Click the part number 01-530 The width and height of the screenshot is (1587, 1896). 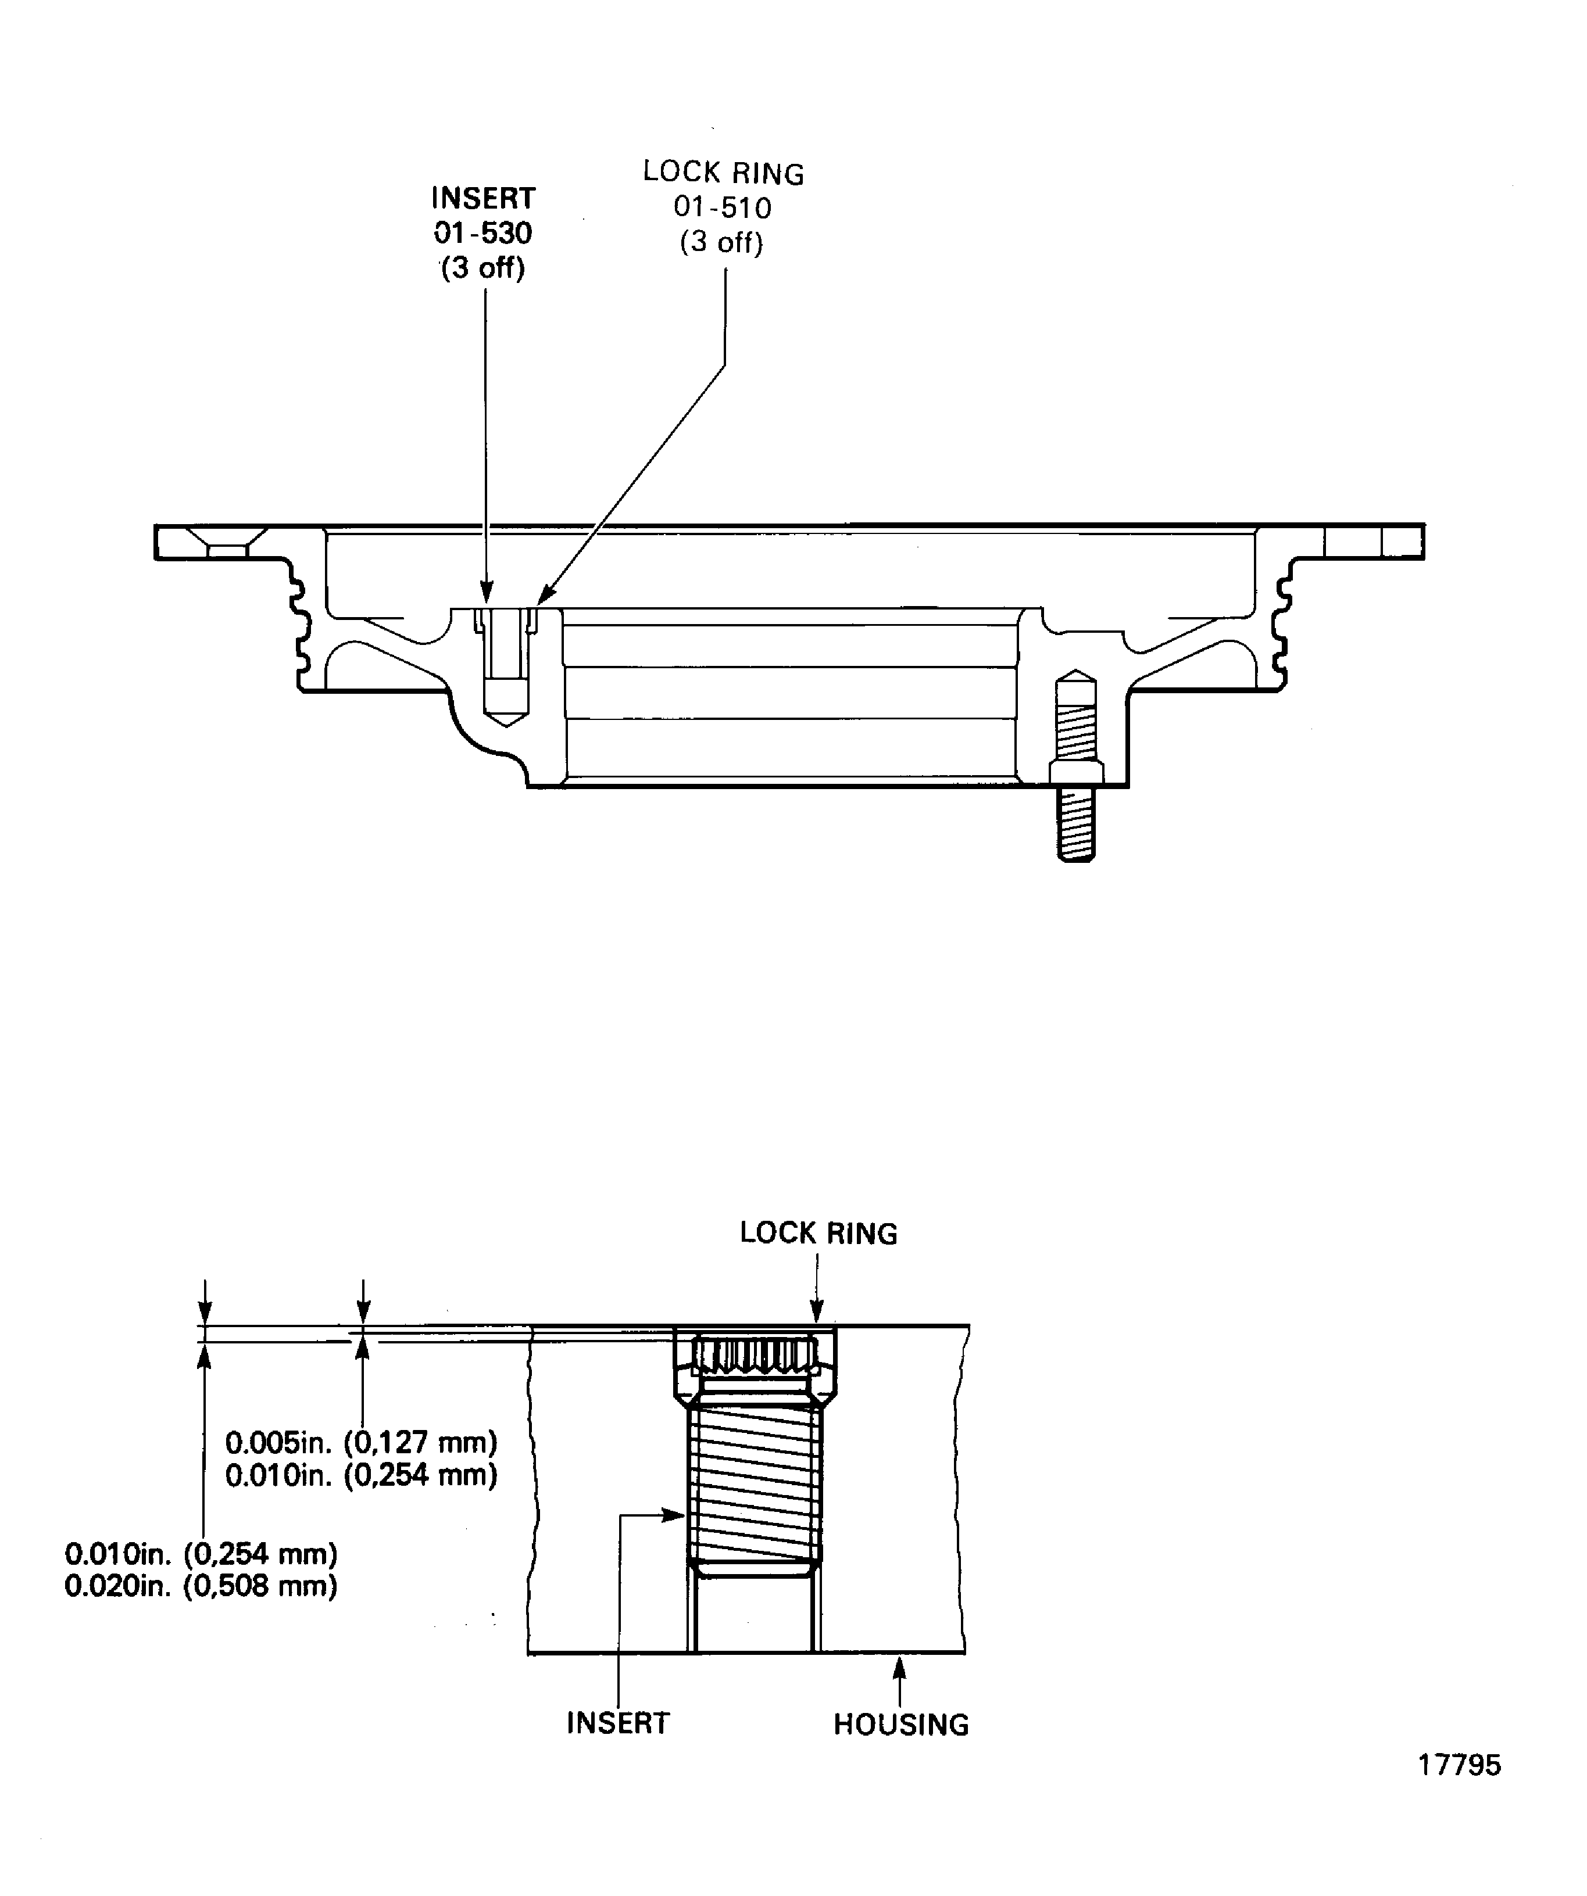482,233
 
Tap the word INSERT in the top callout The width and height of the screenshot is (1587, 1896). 482,198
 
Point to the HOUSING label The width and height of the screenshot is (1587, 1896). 900,1725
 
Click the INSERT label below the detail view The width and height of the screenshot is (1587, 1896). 618,1723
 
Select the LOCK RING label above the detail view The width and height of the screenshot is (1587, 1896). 818,1234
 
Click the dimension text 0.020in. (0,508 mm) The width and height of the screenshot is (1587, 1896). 201,1585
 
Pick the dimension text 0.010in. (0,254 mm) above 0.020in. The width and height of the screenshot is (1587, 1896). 201,1554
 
